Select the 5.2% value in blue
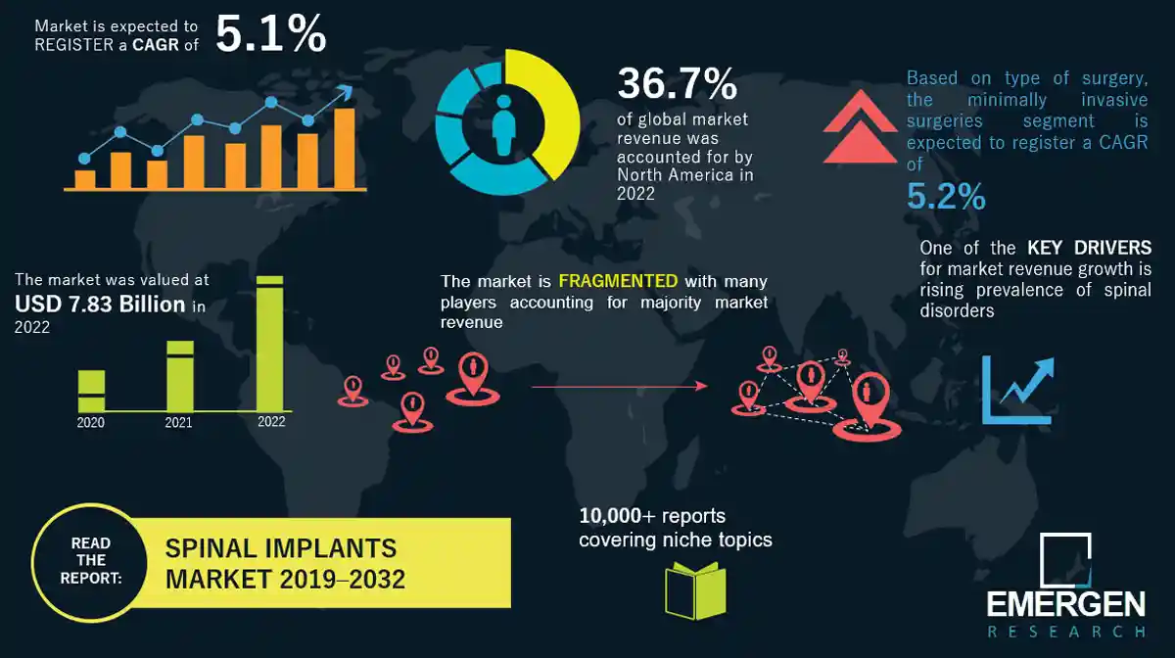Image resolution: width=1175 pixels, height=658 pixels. click(946, 197)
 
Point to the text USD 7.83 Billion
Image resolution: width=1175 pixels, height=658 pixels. click(100, 305)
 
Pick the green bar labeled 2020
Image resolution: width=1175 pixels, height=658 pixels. click(91, 391)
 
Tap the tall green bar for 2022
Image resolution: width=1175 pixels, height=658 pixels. click(270, 343)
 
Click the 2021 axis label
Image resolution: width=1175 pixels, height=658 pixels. click(178, 423)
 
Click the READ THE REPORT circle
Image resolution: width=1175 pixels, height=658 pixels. click(90, 561)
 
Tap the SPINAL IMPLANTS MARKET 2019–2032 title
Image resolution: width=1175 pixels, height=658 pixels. click(284, 563)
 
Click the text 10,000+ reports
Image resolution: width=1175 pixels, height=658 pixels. click(652, 516)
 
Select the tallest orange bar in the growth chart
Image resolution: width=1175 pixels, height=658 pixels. click(344, 148)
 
